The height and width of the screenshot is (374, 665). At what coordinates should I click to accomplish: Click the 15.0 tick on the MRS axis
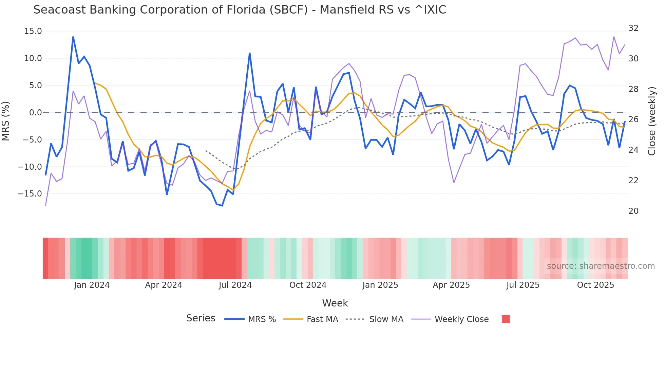click(x=33, y=31)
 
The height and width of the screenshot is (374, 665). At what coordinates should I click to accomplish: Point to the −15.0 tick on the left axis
click(x=30, y=194)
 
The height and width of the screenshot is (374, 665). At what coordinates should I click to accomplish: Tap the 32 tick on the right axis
click(x=633, y=28)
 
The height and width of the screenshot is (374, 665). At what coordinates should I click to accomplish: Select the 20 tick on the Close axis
click(x=633, y=211)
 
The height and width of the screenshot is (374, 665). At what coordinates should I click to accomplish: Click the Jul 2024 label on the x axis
click(x=235, y=285)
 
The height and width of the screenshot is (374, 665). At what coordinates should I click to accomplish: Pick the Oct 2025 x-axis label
click(x=595, y=285)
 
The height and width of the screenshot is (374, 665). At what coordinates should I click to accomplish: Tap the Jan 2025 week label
click(x=380, y=285)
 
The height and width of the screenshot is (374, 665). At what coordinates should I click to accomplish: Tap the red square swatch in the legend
click(x=506, y=319)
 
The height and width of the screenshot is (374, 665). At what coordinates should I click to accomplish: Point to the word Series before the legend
click(x=201, y=318)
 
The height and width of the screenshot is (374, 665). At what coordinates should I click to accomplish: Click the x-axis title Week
click(x=335, y=303)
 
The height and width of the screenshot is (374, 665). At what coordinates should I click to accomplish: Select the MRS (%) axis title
click(x=6, y=121)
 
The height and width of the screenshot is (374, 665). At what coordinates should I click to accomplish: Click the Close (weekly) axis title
click(x=652, y=121)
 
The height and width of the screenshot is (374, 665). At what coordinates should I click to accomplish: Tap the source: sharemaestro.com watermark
click(x=601, y=266)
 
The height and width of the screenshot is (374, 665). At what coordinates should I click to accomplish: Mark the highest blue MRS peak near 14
click(x=73, y=37)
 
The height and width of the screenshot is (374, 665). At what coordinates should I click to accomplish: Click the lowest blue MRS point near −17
click(x=222, y=206)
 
